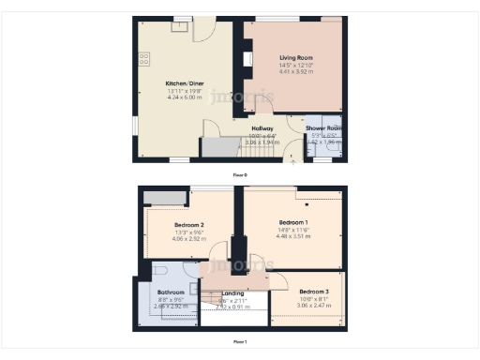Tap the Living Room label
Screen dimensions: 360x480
coord(293,58)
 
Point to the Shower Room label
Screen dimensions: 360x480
coord(322,128)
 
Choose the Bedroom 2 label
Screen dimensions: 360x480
coord(188,225)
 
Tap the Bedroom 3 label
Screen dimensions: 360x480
coord(314,292)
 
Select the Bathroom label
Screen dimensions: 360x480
coord(171,292)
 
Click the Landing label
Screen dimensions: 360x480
coord(232,292)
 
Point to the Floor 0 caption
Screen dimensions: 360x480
coord(240,174)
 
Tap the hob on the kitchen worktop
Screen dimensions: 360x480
coord(144,60)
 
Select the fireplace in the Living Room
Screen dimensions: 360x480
coord(247,60)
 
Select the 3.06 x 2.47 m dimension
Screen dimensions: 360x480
coord(314,306)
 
